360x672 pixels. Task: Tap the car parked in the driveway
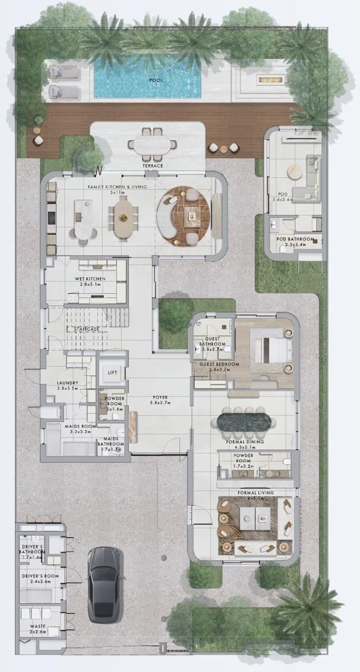[x=104, y=584]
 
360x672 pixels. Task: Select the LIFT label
[x=112, y=372]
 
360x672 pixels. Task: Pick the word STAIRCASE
[x=84, y=328]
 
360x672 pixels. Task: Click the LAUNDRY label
[x=67, y=383]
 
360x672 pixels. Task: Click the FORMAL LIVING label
[x=255, y=492]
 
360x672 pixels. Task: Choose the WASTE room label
[x=30, y=626]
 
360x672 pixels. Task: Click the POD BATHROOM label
[x=295, y=239]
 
